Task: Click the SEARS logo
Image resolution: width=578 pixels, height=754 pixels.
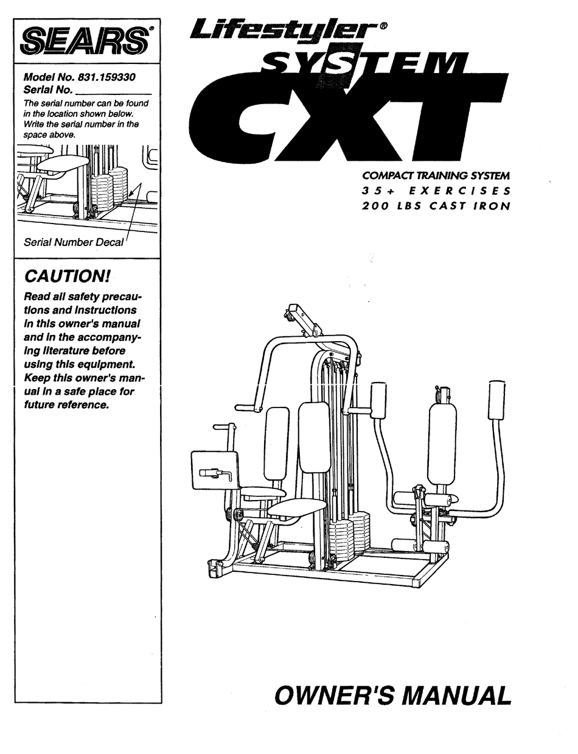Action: (85, 43)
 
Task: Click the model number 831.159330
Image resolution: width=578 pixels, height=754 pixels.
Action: (106, 78)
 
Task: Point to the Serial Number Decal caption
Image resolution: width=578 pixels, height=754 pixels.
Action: (73, 242)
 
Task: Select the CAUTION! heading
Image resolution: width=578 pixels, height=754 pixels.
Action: (67, 277)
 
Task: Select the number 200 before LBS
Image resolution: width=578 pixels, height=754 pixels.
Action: (376, 205)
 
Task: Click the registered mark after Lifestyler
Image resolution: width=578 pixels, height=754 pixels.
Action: (383, 26)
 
